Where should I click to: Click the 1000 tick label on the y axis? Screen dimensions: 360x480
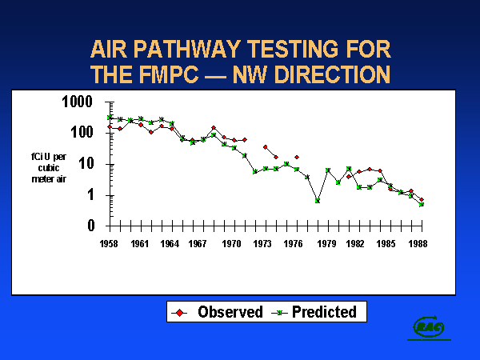pos(78,102)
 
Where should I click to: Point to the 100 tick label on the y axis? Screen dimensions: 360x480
pos(82,132)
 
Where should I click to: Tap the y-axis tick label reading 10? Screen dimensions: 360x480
pos(86,163)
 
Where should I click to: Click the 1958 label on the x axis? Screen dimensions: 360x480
pos(109,243)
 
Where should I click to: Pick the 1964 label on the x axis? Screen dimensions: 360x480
pos(170,243)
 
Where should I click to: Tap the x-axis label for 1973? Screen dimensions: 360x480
pos(263,243)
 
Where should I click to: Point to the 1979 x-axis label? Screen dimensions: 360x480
pos(326,243)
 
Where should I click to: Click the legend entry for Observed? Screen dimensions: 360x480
pos(220,312)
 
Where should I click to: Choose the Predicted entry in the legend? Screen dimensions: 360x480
pos(316,312)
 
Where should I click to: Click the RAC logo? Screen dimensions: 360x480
pos(428,326)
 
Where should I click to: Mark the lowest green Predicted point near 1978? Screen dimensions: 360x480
pos(318,200)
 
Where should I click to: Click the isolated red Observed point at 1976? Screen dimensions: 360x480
pos(296,157)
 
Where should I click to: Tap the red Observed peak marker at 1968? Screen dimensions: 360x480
pos(214,127)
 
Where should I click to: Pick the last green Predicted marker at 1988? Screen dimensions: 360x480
pos(421,204)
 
